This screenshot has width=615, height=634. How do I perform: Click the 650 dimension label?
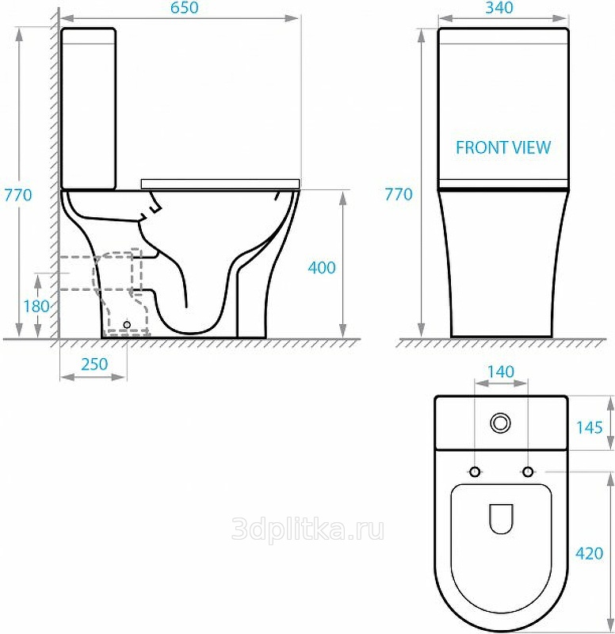click(x=185, y=8)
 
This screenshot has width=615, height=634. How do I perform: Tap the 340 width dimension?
click(x=499, y=8)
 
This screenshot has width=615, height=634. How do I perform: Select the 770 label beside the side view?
click(x=18, y=195)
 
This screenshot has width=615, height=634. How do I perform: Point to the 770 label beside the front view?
click(x=399, y=194)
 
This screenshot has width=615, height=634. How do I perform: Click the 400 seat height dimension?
click(x=322, y=268)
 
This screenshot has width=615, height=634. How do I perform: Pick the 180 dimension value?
click(x=36, y=307)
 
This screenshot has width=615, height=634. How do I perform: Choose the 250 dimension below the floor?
click(x=94, y=365)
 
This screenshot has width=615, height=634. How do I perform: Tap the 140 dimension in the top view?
click(x=501, y=372)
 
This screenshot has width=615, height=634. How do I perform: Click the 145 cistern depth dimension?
click(x=590, y=427)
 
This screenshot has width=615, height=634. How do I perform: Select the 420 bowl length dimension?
click(x=590, y=553)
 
